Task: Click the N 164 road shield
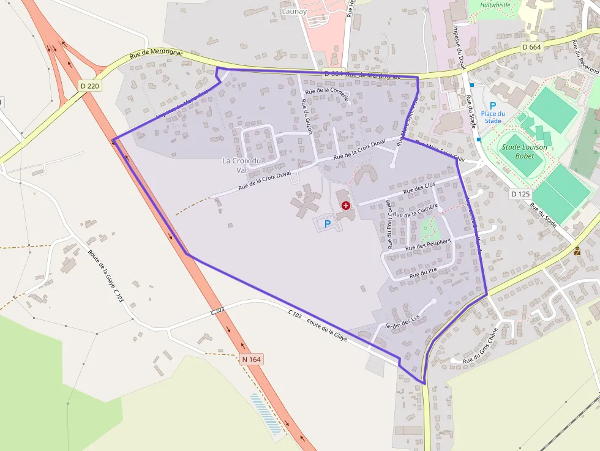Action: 252,359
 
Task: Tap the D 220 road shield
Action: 89,86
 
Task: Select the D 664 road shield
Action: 533,47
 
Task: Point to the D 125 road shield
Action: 520,194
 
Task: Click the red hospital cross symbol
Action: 346,206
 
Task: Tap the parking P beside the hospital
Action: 327,224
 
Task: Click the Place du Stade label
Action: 493,117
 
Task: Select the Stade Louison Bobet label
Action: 525,151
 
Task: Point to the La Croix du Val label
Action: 242,165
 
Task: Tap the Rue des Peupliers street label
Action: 428,245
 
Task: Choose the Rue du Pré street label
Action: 423,273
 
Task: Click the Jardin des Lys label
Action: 401,322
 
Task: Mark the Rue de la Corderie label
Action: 328,92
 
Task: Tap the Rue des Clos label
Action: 421,188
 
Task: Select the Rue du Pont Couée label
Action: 389,226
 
